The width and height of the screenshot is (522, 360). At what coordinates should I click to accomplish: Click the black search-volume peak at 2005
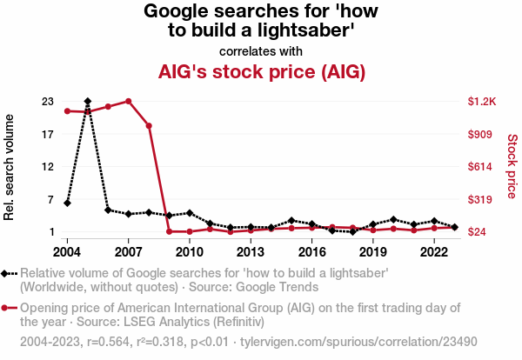pyautogui.click(x=88, y=102)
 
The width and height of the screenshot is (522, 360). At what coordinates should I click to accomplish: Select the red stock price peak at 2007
pyautogui.click(x=128, y=101)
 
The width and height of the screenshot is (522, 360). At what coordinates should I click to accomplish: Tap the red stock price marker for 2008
pyautogui.click(x=149, y=126)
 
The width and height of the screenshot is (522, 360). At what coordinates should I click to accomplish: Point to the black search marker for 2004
pyautogui.click(x=67, y=203)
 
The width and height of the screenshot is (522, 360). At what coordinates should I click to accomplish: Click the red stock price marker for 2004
pyautogui.click(x=67, y=111)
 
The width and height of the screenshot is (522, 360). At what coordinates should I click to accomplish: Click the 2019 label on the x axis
pyautogui.click(x=372, y=252)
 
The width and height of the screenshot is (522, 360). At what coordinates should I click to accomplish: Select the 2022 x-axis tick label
pyautogui.click(x=434, y=252)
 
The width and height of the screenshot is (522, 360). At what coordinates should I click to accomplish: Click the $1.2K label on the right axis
pyautogui.click(x=481, y=102)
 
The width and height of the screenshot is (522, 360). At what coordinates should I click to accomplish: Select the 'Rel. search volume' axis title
pyautogui.click(x=10, y=165)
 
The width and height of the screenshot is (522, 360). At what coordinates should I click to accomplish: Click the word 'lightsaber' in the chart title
pyautogui.click(x=304, y=31)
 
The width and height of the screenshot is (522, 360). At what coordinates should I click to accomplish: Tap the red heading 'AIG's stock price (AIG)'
pyautogui.click(x=261, y=71)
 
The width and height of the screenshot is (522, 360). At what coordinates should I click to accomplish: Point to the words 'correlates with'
pyautogui.click(x=261, y=50)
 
